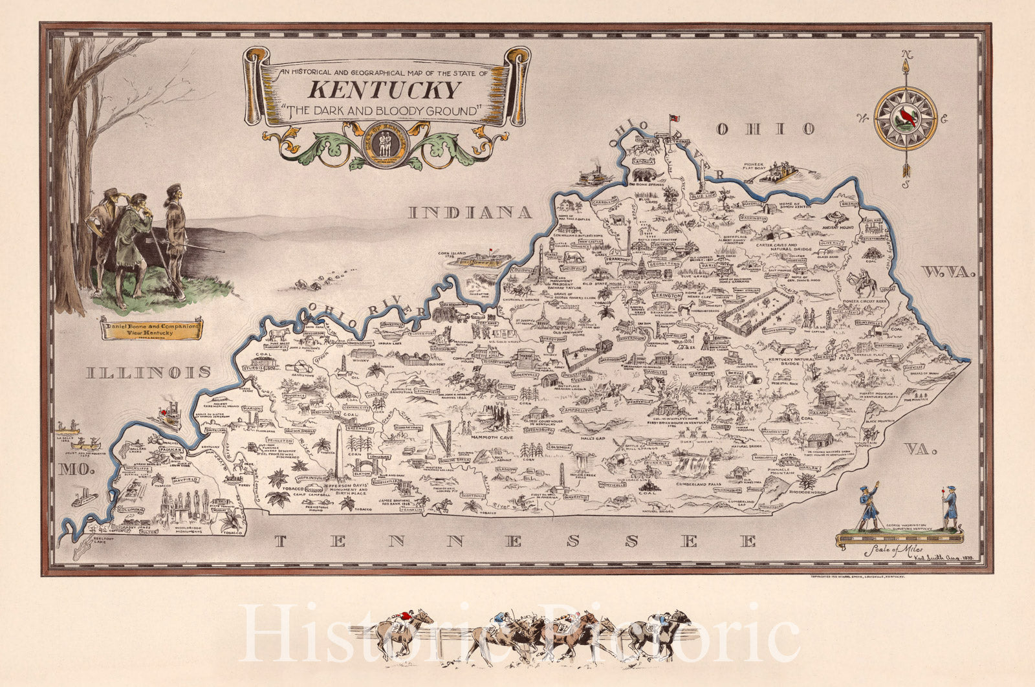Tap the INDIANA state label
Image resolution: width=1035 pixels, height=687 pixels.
click(x=470, y=212)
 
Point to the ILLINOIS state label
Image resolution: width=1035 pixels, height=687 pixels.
click(x=150, y=372)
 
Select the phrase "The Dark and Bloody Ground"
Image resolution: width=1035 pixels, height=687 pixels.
click(x=386, y=111)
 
